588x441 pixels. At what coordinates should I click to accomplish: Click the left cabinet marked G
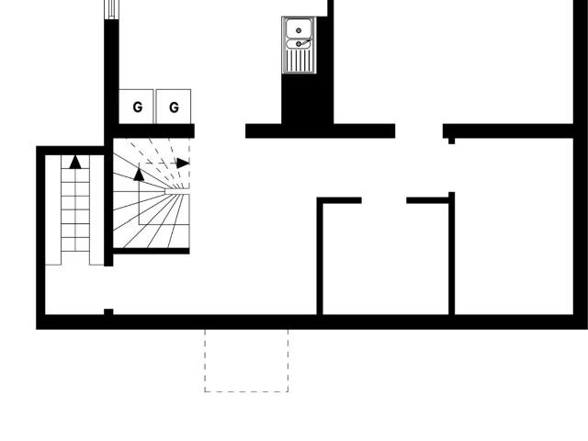point(136,107)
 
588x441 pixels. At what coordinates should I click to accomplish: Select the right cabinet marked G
point(174,107)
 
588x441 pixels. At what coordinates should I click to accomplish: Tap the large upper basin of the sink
point(299,28)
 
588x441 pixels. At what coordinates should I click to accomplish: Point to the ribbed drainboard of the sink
point(299,60)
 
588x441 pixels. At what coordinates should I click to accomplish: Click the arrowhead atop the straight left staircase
point(75,162)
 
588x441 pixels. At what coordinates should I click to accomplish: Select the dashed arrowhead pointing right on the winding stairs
point(183,164)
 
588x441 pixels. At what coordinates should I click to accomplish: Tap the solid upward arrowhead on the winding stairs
point(139,175)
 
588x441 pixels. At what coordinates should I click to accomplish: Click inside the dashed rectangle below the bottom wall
point(246,360)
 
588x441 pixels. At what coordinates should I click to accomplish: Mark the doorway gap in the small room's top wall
point(384,200)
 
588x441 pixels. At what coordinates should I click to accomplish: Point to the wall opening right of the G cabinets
point(220,130)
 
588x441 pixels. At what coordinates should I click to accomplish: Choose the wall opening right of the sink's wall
point(419,130)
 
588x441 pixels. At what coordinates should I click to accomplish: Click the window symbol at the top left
point(111,9)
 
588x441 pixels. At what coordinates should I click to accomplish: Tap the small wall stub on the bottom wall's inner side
point(108,312)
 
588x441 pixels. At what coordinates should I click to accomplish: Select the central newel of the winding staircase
point(177,191)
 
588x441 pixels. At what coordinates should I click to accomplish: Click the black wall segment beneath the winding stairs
point(151,251)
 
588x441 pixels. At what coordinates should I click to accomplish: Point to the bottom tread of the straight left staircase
point(75,258)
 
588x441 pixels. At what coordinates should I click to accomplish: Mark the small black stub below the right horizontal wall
point(451,141)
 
